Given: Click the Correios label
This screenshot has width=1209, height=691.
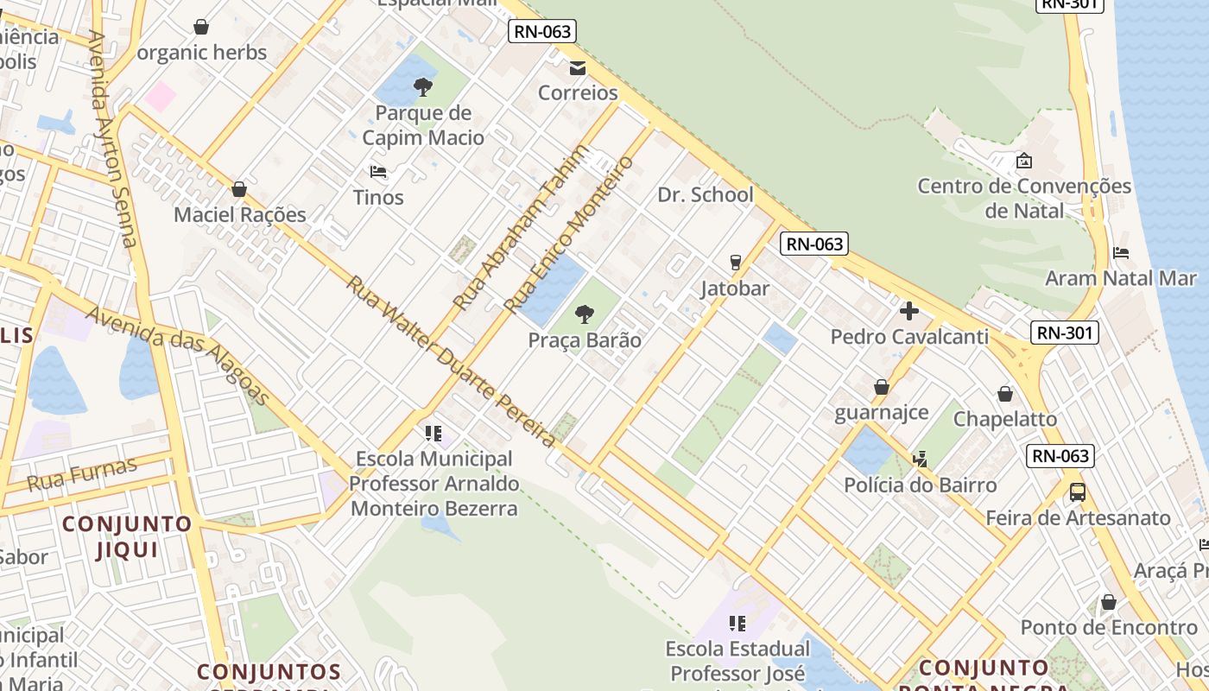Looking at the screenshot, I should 578,92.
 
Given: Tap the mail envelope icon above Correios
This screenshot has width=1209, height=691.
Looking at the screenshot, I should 578,68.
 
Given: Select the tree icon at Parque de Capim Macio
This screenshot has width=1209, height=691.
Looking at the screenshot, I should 422,86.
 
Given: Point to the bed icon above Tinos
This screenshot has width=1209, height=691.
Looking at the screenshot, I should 378,171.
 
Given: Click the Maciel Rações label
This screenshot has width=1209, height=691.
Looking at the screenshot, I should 239,214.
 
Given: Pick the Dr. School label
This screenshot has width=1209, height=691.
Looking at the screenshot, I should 706,194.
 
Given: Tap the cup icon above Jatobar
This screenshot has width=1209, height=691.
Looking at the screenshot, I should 736,262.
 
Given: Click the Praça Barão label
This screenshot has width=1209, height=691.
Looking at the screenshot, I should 585,339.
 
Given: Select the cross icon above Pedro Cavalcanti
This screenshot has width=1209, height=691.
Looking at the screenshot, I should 908,311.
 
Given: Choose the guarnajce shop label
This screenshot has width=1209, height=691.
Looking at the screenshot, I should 881,412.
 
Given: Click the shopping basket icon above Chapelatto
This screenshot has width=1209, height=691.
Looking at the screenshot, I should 1005,394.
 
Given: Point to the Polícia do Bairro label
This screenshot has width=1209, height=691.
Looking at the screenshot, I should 920,485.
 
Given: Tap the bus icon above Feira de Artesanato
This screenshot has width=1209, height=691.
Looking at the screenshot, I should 1078,492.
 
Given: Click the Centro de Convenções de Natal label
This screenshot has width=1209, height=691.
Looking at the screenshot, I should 1023,198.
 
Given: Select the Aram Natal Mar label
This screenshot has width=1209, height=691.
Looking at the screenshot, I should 1120,278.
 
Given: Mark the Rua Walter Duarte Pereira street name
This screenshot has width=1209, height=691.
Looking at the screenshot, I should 451,361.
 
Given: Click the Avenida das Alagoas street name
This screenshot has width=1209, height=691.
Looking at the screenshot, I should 178,355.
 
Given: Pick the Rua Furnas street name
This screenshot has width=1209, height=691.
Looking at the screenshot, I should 82,474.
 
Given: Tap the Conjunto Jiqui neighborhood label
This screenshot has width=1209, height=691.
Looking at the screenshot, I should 126,536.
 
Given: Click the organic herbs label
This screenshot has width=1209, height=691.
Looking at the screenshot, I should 202,52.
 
